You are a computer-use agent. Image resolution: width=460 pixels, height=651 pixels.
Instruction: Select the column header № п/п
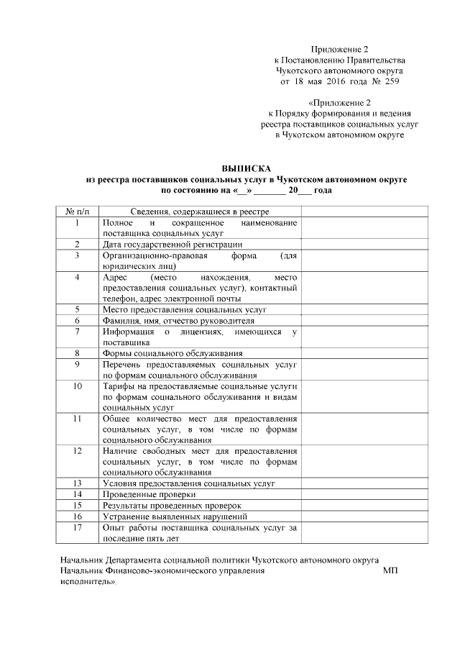pos(77,211)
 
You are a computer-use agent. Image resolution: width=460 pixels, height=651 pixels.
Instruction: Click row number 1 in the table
pos(77,223)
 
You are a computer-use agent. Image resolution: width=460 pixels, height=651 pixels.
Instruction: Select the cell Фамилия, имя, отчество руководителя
pos(178,320)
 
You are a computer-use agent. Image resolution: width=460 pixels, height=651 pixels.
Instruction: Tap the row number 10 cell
pos(77,386)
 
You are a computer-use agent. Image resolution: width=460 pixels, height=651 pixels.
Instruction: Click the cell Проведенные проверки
pos(149,495)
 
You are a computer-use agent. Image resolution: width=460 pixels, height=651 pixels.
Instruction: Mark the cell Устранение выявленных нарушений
pos(175,516)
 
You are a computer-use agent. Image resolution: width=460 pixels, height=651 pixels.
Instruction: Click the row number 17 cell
pos(77,527)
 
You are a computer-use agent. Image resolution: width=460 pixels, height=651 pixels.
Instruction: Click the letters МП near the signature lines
pos(390,570)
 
